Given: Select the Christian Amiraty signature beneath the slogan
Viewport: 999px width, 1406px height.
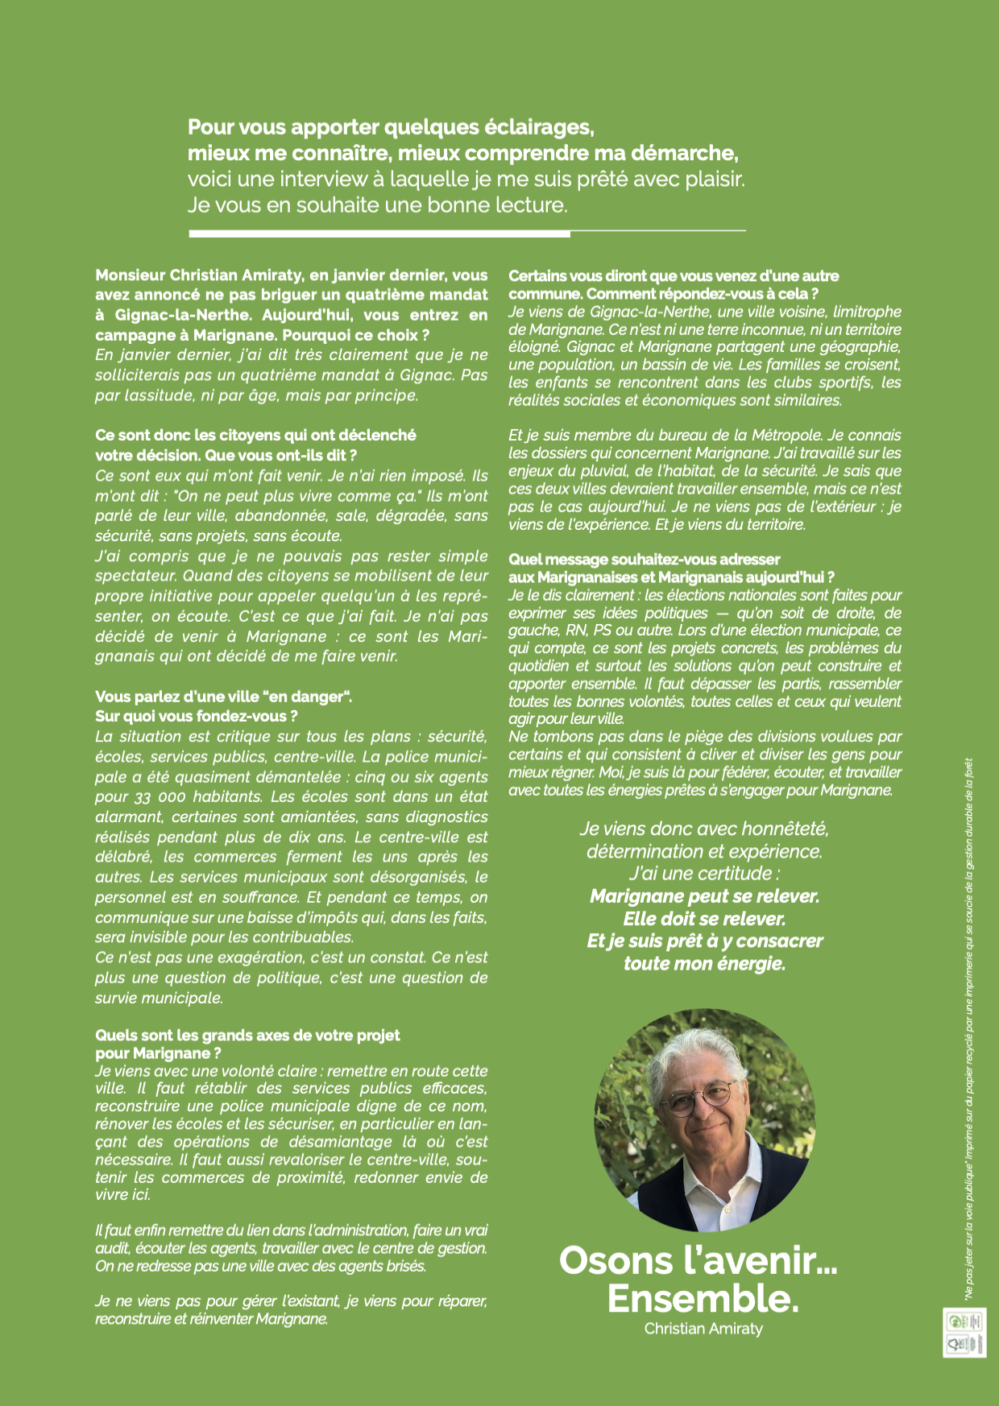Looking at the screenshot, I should click(x=703, y=1329).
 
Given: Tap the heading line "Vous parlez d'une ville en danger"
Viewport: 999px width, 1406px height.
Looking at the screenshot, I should click(x=223, y=697).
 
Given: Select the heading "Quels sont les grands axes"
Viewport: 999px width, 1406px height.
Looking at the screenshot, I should click(x=247, y=1036).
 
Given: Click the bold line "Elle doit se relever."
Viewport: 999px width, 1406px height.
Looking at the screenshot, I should click(x=703, y=919).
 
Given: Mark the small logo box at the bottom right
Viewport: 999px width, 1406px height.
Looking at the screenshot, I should click(x=964, y=1333).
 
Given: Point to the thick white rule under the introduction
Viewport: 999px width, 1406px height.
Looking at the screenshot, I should click(x=379, y=234).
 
